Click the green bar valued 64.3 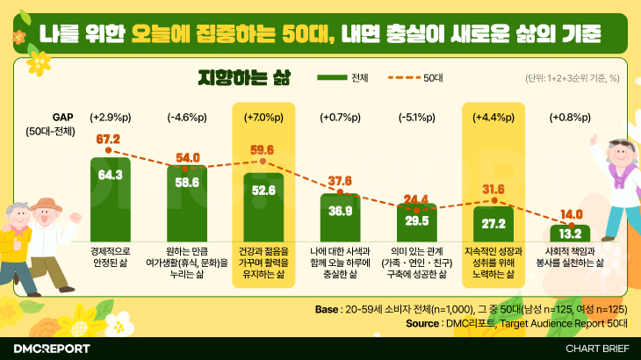point(110,199)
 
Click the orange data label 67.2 point(108,139)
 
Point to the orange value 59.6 point(263,150)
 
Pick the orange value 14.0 point(571,214)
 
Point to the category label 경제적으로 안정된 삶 point(110,256)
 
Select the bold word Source point(425,323)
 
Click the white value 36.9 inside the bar point(339,211)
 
